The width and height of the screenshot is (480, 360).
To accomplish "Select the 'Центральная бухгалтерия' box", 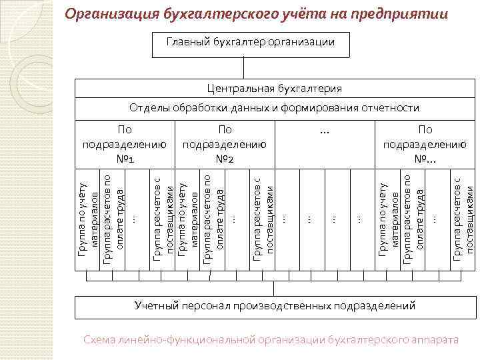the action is [x=274, y=89].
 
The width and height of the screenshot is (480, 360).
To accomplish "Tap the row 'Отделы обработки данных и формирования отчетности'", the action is [x=274, y=108].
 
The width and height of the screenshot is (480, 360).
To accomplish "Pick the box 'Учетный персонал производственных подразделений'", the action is [x=274, y=306].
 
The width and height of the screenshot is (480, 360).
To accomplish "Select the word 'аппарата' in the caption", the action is [x=436, y=340].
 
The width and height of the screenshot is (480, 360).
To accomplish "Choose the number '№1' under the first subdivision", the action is [x=125, y=159].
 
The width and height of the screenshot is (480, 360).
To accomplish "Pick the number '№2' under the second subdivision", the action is [x=225, y=159].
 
